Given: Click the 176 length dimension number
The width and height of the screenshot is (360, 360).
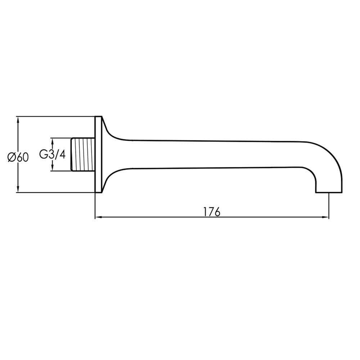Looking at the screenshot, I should [x=212, y=212].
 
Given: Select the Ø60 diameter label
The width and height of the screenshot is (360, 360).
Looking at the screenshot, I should [x=18, y=157].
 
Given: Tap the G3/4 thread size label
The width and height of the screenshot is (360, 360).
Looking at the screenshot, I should [x=52, y=154].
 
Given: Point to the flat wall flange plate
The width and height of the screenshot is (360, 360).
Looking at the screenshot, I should [x=98, y=154].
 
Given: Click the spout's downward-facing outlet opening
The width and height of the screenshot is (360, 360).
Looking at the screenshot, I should [x=329, y=192].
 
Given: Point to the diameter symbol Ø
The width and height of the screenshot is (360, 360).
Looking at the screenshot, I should [x=12, y=157].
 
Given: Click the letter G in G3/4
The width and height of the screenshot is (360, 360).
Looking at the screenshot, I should [x=43, y=154].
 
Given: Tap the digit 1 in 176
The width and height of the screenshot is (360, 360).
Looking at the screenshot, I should [x=206, y=212].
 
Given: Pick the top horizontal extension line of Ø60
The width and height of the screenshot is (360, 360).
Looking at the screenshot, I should [x=54, y=116].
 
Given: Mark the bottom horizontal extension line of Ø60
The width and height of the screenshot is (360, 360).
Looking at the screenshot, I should [x=54, y=193].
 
